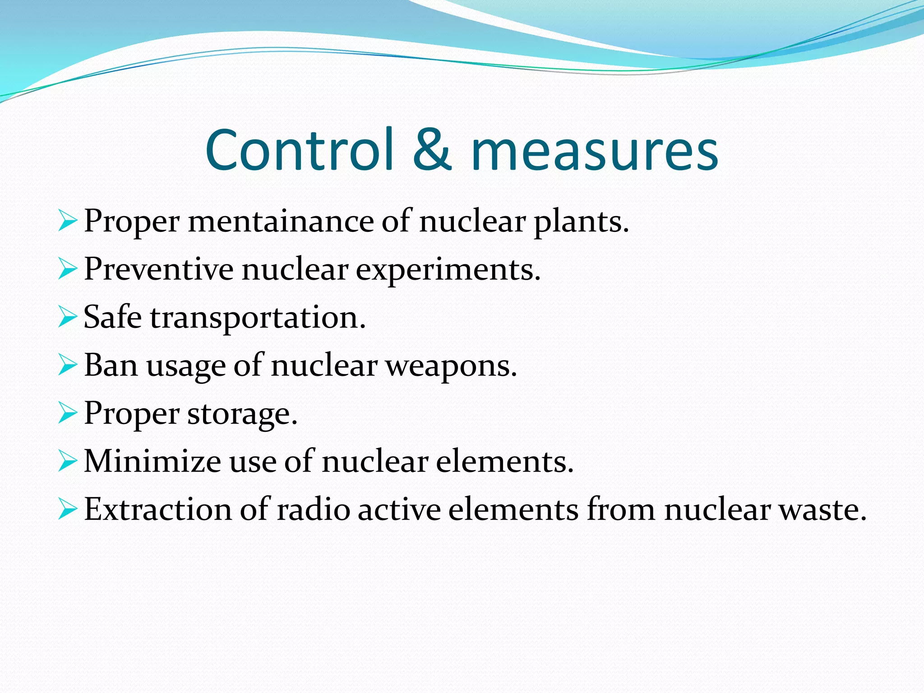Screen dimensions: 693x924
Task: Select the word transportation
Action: click(x=258, y=319)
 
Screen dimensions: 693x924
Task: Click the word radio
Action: click(x=313, y=509)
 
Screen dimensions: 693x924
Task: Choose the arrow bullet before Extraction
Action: click(x=67, y=509)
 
